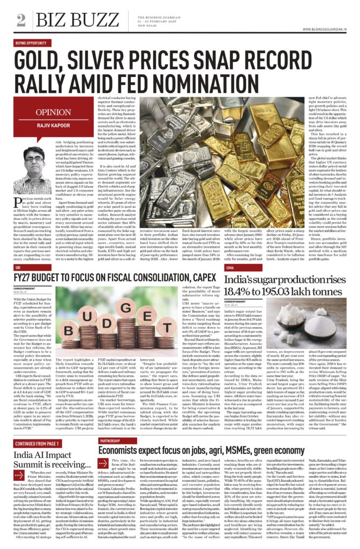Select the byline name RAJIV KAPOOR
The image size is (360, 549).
tap(52, 125)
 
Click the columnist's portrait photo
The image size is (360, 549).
tap(33, 160)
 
